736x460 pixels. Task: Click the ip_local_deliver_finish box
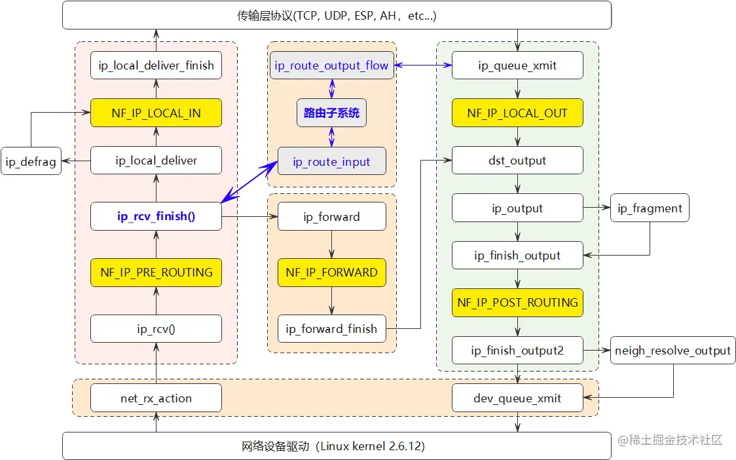[156, 66]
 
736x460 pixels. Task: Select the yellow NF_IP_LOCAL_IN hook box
[156, 113]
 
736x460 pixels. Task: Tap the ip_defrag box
[31, 161]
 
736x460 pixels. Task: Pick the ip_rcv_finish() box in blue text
[156, 216]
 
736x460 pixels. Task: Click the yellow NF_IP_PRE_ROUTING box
[156, 272]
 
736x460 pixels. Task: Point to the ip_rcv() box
[156, 329]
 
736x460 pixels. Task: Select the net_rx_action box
[156, 398]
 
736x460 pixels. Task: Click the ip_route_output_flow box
[331, 66]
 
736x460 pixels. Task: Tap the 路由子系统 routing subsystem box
[331, 113]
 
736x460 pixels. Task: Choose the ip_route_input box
[331, 162]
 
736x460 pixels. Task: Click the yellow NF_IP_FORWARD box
[331, 272]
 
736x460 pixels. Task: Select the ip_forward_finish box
[331, 329]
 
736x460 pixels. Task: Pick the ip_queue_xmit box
[517, 66]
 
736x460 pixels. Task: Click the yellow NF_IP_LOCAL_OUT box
[517, 113]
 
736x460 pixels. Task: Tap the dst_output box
[517, 161]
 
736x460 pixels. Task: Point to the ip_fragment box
[650, 208]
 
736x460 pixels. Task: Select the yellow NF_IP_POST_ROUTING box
[517, 302]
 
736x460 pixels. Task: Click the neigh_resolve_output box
[672, 351]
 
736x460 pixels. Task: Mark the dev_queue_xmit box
[517, 398]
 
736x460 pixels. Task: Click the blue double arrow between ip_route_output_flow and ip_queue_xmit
[423, 66]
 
